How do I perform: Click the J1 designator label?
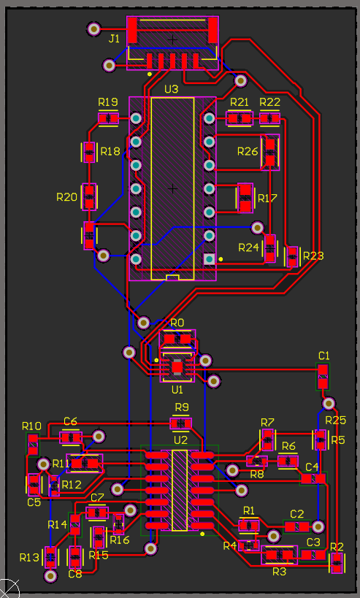(x=114, y=39)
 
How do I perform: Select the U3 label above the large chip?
(x=171, y=89)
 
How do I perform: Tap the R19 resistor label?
(x=108, y=101)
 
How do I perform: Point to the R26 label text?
(x=248, y=151)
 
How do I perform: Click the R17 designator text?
(x=267, y=198)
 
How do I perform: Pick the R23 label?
(x=313, y=256)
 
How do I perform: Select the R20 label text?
(x=66, y=197)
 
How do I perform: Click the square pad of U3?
(x=209, y=258)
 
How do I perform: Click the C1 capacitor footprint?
(x=323, y=377)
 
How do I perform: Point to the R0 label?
(x=177, y=322)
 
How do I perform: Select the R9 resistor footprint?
(x=181, y=423)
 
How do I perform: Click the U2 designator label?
(x=180, y=440)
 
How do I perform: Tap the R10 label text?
(x=31, y=426)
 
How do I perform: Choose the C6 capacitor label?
(x=70, y=421)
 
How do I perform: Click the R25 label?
(x=335, y=420)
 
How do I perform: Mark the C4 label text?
(x=312, y=467)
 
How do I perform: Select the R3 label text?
(x=279, y=572)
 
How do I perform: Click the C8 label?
(x=75, y=574)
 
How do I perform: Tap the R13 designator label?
(x=29, y=557)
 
